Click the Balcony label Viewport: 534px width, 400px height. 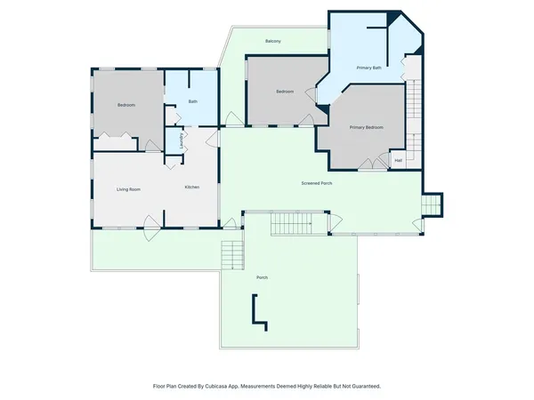[273, 42]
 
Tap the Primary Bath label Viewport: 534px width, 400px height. [369, 68]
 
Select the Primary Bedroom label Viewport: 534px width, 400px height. [366, 127]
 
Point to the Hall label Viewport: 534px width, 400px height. [399, 160]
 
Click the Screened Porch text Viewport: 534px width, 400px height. [317, 183]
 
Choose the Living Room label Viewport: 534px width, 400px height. [129, 188]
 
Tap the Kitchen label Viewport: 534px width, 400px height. [191, 187]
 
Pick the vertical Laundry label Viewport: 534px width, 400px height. [182, 140]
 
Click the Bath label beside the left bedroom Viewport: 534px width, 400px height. [192, 101]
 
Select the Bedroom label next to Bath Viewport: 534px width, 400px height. [126, 106]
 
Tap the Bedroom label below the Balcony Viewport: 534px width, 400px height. [285, 92]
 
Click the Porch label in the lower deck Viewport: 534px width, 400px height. [262, 277]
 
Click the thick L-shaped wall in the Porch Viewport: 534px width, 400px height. [256, 312]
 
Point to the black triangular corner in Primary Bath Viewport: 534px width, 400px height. [396, 16]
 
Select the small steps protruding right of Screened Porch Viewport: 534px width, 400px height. [431, 204]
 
